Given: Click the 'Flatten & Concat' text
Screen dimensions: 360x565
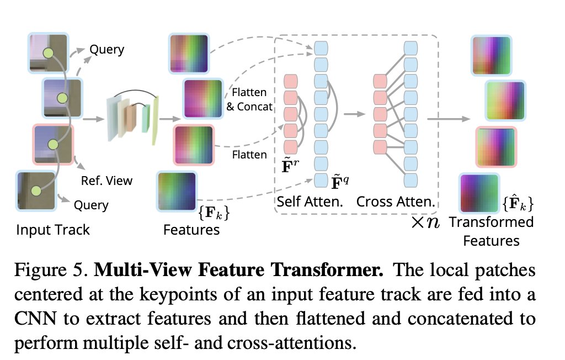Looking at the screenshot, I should tap(249, 99).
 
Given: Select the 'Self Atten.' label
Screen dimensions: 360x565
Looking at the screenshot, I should tap(310, 202).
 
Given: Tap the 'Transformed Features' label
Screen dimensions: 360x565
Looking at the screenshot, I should tap(492, 231).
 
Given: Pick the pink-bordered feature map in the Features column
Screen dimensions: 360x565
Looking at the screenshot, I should tap(194, 145).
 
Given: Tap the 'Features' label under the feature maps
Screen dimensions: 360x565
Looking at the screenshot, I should tap(191, 229).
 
